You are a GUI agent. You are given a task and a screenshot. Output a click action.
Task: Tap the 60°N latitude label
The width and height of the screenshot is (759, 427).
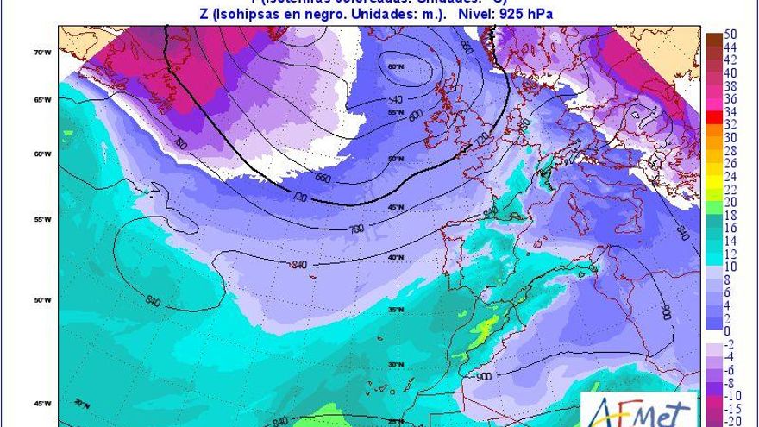(x=396, y=67)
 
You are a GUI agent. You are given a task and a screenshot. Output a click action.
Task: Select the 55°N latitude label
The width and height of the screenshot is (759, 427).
(x=396, y=113)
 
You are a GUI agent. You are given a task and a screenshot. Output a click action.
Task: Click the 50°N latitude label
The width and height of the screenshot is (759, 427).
(x=397, y=160)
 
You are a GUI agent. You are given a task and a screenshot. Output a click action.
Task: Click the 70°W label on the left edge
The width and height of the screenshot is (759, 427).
(x=39, y=53)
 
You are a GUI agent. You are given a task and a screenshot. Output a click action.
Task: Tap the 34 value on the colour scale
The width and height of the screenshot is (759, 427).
(x=730, y=111)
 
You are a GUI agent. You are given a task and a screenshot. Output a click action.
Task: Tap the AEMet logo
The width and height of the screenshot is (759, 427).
(x=639, y=410)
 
